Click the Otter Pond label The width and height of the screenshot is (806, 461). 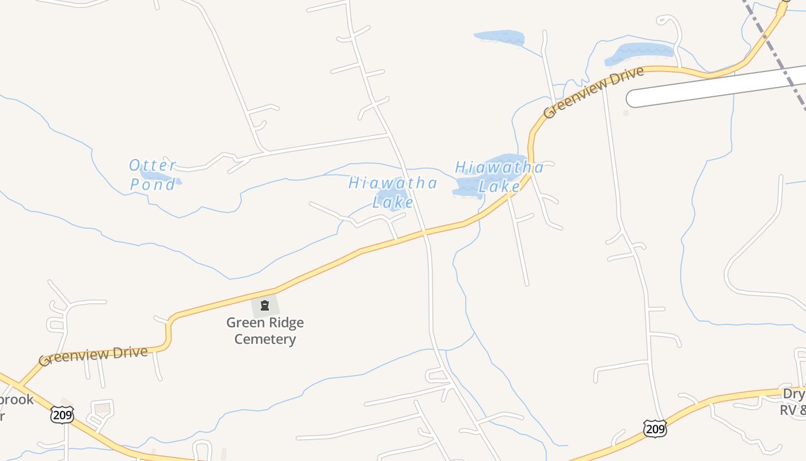pyautogui.click(x=153, y=175)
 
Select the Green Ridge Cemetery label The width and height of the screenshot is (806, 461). pyautogui.click(x=265, y=331)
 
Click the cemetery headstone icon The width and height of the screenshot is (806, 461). pyautogui.click(x=265, y=306)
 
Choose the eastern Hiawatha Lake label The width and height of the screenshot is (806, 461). pyautogui.click(x=499, y=176)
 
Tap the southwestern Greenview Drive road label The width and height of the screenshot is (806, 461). pyautogui.click(x=93, y=356)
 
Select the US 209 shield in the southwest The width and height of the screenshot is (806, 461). pyautogui.click(x=62, y=414)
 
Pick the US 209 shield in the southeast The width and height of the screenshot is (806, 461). pyautogui.click(x=655, y=428)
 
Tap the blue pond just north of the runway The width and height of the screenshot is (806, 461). pyautogui.click(x=639, y=53)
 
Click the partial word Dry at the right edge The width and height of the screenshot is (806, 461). pyautogui.click(x=794, y=394)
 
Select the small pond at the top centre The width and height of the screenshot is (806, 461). pyautogui.click(x=500, y=37)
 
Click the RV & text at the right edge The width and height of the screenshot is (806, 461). pyautogui.click(x=793, y=410)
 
